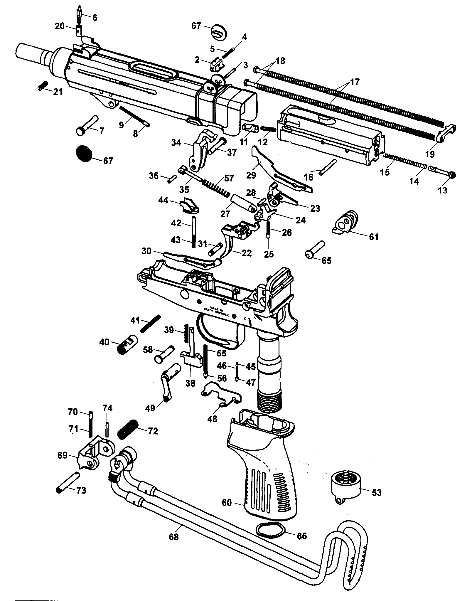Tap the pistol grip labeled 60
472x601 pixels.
point(262,466)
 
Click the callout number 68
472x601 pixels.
point(174,537)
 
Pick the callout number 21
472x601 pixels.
point(58,92)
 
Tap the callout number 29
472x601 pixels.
point(251,175)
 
